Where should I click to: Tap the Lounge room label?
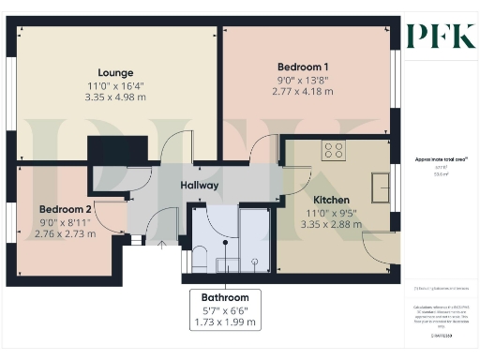coord(116,73)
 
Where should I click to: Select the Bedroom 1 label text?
coord(303,67)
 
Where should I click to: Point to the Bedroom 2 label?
coord(65,209)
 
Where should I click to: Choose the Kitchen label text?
coord(331,200)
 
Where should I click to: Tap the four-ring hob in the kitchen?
coord(333,150)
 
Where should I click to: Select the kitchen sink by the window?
coord(382,187)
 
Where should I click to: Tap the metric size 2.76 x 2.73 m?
coord(65,235)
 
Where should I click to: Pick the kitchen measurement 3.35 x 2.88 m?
coord(331,225)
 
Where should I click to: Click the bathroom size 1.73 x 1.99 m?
coord(226,322)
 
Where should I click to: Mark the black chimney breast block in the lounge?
coord(117,152)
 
